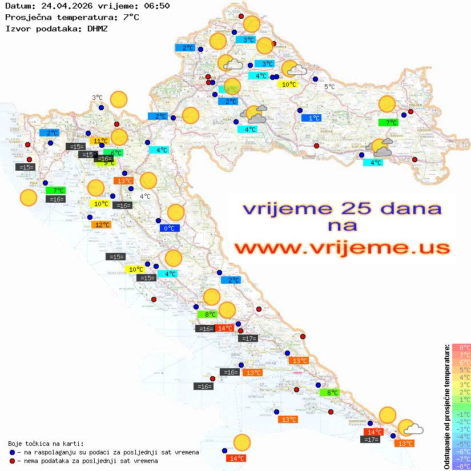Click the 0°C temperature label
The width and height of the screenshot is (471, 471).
[170, 228]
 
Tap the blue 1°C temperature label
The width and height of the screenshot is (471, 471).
[311, 118]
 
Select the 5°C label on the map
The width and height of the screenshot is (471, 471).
[330, 87]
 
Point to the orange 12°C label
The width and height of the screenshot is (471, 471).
[101, 225]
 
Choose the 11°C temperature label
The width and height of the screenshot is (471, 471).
[100, 141]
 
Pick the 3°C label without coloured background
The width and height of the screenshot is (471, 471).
[97, 98]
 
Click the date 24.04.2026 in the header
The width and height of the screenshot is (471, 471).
[62, 6]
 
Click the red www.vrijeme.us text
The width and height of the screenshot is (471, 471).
[342, 248]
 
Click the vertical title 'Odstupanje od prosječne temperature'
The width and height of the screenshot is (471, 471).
[447, 406]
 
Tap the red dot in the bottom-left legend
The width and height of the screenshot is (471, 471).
[13, 461]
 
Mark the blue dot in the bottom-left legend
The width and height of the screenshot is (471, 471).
[13, 452]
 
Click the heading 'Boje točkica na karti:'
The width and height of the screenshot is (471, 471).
[46, 444]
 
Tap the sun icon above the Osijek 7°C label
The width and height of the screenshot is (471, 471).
[387, 104]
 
